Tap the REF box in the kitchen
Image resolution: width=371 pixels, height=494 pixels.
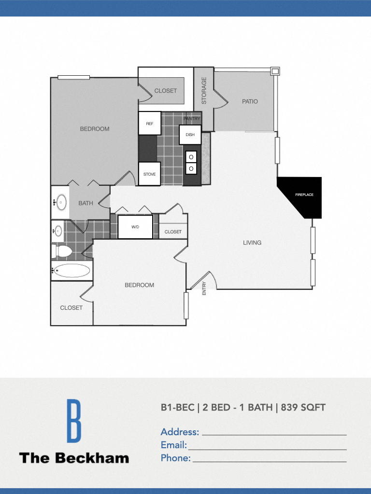click(x=149, y=123)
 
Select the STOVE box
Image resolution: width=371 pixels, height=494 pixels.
click(x=149, y=174)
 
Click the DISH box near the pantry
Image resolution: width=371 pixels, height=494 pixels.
click(x=190, y=135)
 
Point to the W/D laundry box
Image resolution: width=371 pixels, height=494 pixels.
click(x=135, y=227)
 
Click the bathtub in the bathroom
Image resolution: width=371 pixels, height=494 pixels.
click(x=71, y=271)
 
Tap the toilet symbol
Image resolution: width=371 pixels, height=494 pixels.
click(x=63, y=251)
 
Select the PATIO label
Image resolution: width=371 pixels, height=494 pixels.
click(x=250, y=101)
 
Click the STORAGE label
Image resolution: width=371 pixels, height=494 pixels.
click(x=204, y=91)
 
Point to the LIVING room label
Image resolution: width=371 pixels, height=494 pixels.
click(x=252, y=243)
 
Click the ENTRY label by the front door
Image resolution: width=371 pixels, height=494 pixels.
click(x=204, y=288)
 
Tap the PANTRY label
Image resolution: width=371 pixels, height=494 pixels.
click(x=192, y=119)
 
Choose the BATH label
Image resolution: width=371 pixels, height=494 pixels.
click(x=86, y=203)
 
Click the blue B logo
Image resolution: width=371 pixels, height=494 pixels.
click(x=73, y=421)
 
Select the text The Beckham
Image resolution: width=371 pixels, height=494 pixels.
click(x=74, y=458)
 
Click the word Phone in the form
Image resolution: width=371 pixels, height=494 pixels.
click(x=175, y=458)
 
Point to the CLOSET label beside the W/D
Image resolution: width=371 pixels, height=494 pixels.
click(x=173, y=232)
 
